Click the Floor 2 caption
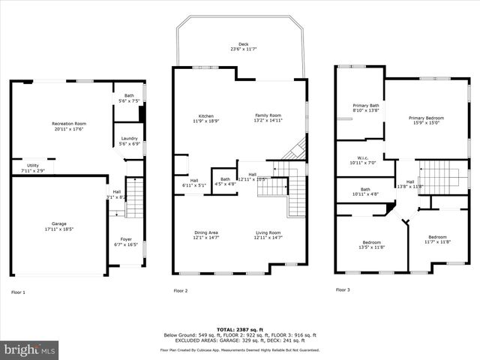pos(181,290)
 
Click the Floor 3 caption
pos(343,289)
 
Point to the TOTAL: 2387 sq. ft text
pos(239,329)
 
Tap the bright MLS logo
pos(30,349)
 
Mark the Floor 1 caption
pos(18,292)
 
